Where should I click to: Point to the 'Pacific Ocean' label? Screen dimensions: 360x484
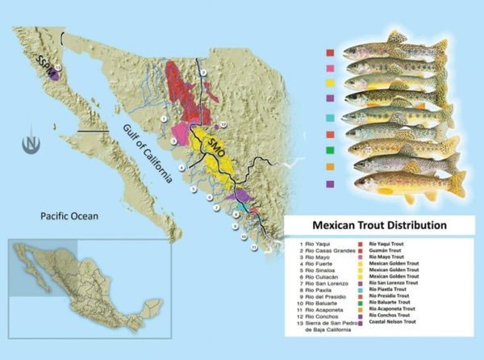[x=73, y=216]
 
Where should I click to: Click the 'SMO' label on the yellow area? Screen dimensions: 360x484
[x=215, y=148]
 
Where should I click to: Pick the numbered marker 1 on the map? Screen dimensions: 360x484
[x=163, y=119]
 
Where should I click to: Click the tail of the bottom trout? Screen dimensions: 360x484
[x=457, y=184]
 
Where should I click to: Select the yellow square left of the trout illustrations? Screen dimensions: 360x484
[x=328, y=83]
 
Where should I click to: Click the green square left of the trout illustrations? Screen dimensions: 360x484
[x=328, y=150]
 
